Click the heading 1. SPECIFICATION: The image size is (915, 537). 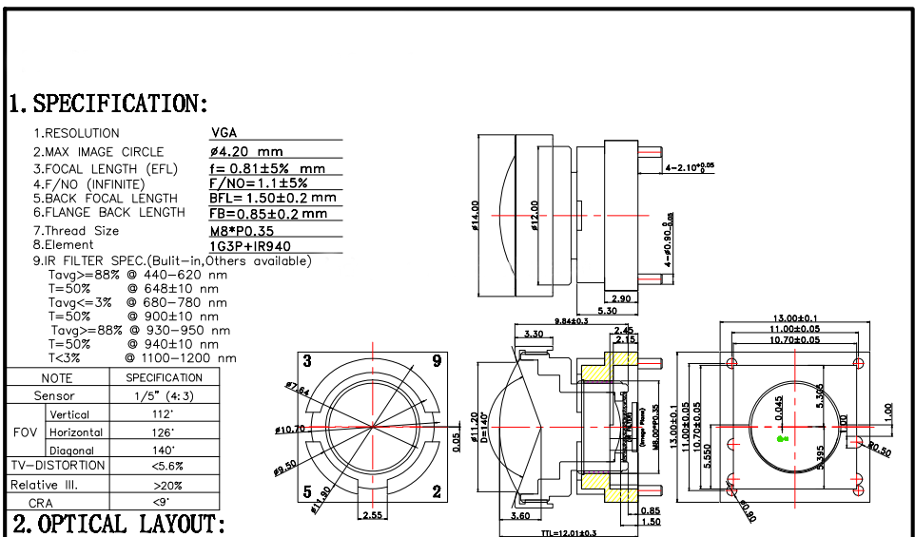[x=108, y=103]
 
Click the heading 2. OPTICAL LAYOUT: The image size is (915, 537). [x=119, y=524]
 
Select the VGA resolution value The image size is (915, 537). [x=224, y=133]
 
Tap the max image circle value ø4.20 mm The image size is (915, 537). [x=246, y=151]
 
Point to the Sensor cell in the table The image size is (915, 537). [x=54, y=395]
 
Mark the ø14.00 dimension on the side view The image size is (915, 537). [x=474, y=214]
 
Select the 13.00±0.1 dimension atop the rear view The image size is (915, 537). [x=796, y=318]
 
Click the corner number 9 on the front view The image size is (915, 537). [x=436, y=360]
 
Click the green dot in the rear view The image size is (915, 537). [x=781, y=438]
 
